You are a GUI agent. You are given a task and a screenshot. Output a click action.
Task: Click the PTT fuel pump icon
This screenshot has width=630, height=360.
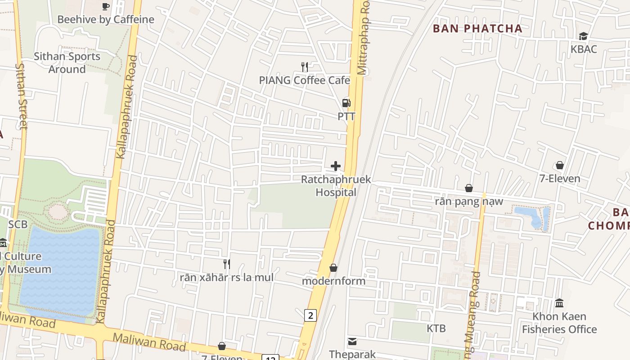click(x=346, y=103)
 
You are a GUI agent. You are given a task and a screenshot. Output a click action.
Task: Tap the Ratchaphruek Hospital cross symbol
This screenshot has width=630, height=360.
click(x=336, y=166)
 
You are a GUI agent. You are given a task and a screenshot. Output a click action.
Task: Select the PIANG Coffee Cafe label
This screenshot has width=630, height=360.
click(x=304, y=80)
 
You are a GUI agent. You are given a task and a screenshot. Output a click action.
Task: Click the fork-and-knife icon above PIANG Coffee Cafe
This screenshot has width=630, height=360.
click(x=305, y=67)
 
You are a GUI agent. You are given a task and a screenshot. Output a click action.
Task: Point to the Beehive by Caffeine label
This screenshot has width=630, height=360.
click(x=106, y=19)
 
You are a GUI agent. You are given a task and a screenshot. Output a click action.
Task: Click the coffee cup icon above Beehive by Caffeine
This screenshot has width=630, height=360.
click(x=106, y=6)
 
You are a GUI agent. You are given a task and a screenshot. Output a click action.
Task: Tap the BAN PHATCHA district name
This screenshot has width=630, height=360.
click(x=477, y=29)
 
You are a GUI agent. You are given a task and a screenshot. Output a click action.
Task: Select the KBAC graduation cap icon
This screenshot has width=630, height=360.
click(x=583, y=36)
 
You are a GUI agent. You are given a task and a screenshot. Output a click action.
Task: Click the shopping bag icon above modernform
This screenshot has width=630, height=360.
click(x=333, y=268)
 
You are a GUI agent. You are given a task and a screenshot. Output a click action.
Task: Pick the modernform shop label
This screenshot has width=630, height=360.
click(x=333, y=281)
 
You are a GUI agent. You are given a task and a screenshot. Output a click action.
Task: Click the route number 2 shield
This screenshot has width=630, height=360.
click(x=310, y=315)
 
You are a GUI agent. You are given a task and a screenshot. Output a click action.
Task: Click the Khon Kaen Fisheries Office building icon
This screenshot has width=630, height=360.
click(x=559, y=303)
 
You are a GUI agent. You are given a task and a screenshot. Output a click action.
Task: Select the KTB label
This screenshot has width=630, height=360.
click(x=436, y=328)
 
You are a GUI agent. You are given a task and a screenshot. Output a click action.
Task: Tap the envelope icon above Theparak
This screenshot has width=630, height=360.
click(x=352, y=342)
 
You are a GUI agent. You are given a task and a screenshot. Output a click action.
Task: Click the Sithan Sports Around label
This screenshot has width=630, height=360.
click(x=67, y=63)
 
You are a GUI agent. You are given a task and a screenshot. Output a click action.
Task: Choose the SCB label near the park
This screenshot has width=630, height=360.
click(x=18, y=224)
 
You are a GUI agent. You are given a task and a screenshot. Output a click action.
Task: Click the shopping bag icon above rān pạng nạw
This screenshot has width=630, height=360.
click(x=469, y=188)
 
